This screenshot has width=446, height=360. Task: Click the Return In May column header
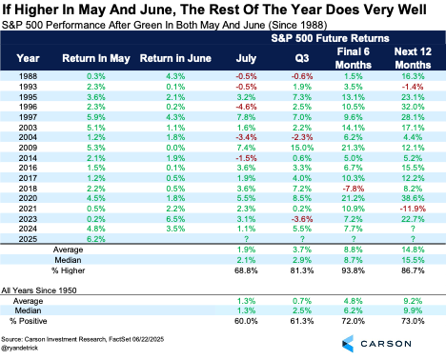tap(96, 58)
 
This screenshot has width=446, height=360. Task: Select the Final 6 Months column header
tap(354, 58)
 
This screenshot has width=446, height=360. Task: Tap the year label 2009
tap(28, 148)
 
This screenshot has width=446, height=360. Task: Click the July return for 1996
tap(246, 107)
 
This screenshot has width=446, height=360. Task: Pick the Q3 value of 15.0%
tap(302, 148)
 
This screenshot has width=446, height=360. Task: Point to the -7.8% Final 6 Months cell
tap(354, 189)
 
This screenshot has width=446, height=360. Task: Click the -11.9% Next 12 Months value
tap(413, 209)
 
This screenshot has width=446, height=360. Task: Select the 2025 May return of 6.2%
tap(96, 239)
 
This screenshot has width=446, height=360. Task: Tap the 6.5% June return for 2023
tap(175, 219)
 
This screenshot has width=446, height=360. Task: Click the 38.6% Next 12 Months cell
tap(413, 198)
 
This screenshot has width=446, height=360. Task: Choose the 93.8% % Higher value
tap(354, 270)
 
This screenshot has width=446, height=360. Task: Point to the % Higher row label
tap(69, 270)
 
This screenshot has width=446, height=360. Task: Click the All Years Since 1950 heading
tap(39, 290)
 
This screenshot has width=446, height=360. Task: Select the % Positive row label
tap(29, 321)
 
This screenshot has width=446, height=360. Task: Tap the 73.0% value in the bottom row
tap(413, 321)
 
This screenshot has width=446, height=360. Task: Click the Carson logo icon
tap(348, 344)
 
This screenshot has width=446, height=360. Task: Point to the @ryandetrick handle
tap(20, 348)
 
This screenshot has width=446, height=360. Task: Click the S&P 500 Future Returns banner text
tap(330, 38)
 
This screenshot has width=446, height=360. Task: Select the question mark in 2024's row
tap(413, 229)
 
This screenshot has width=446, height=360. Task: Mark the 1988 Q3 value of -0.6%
tap(302, 76)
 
